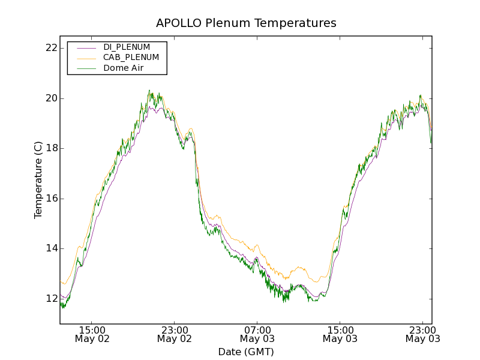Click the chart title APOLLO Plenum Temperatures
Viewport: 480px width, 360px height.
click(x=246, y=23)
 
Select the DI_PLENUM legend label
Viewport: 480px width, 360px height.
click(x=127, y=47)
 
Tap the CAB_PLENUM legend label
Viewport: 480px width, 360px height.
click(x=131, y=58)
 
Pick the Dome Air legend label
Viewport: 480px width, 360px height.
click(x=123, y=68)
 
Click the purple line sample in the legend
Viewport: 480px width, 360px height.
click(x=86, y=47)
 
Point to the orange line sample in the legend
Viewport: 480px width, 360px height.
click(x=86, y=58)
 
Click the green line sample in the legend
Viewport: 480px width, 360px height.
click(x=86, y=68)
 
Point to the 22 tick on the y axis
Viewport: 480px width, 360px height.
click(x=51, y=48)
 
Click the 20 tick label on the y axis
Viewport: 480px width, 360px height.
click(x=51, y=98)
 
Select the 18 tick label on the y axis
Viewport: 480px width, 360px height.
click(x=51, y=148)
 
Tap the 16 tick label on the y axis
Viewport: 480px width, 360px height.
click(x=51, y=199)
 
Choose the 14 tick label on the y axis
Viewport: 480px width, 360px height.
click(x=51, y=248)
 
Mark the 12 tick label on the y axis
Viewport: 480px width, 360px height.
click(x=51, y=299)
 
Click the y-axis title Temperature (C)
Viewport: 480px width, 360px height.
click(x=38, y=180)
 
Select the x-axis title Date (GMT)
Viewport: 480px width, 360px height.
click(x=246, y=352)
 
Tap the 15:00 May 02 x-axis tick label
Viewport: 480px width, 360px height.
click(x=92, y=334)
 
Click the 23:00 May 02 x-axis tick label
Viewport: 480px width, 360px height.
click(x=175, y=334)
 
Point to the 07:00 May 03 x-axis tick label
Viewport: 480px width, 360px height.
click(x=257, y=334)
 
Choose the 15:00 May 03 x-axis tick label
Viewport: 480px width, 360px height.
click(x=340, y=334)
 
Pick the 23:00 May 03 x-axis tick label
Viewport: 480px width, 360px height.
click(x=422, y=334)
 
